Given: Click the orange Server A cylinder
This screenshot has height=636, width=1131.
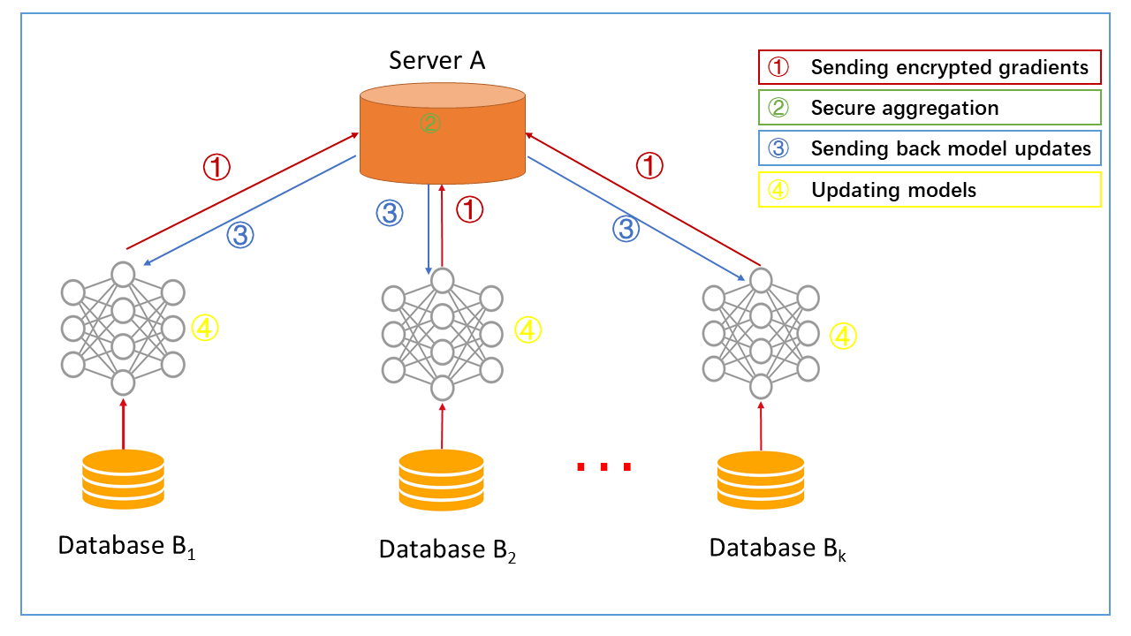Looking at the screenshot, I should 442,141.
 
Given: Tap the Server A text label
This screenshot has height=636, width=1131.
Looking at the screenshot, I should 437,61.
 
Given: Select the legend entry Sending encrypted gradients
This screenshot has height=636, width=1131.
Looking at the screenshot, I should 930,67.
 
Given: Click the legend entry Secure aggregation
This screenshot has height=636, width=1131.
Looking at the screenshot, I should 930,108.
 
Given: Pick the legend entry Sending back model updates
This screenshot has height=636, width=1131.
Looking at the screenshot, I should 930,148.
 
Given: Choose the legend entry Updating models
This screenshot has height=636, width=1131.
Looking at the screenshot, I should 930,189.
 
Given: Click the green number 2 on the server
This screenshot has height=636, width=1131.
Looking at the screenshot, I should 429,123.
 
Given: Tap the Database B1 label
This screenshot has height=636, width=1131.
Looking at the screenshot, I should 126,547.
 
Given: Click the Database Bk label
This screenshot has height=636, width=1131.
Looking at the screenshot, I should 778,549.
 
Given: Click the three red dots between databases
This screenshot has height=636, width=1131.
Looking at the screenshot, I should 604,466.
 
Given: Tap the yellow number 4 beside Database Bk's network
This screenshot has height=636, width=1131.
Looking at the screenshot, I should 844,336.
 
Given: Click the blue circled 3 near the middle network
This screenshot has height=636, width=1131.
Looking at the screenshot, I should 390,212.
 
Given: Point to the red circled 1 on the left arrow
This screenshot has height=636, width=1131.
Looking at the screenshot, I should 216,166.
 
